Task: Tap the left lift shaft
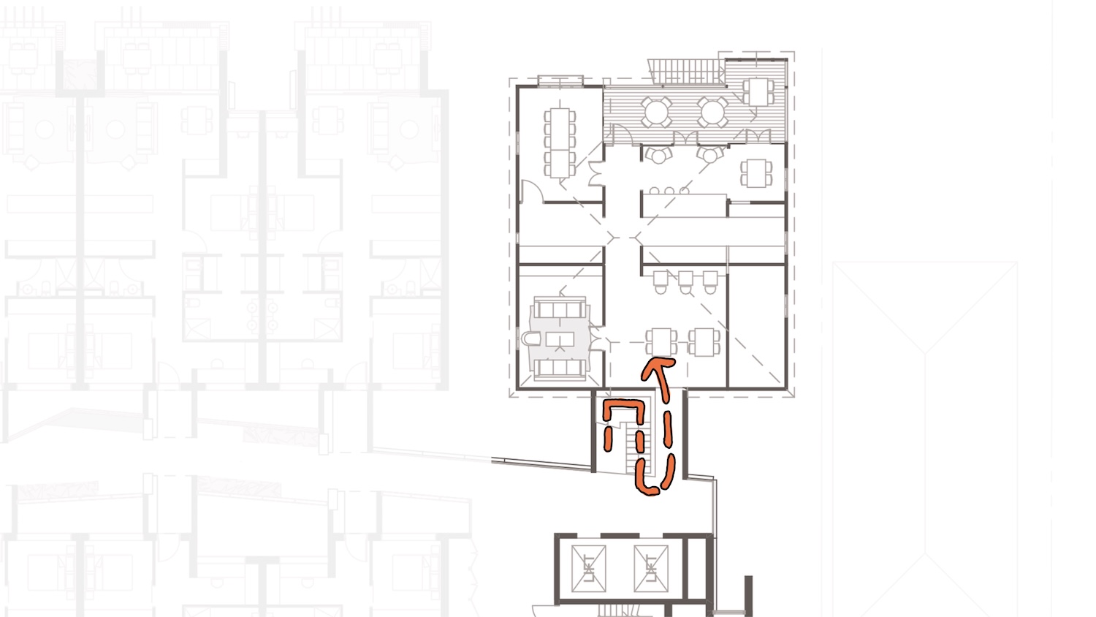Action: coord(588,569)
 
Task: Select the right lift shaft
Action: coord(651,569)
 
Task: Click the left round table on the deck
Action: coord(656,112)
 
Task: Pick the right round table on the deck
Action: coord(712,112)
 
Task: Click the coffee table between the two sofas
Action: coord(560,338)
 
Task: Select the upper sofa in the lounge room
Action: coord(560,308)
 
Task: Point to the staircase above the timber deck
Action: coord(686,72)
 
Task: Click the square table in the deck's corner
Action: coord(758,92)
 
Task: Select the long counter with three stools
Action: coord(684,205)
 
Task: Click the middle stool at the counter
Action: coord(669,191)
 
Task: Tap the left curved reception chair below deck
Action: coord(658,155)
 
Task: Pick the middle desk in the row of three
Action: coord(685,281)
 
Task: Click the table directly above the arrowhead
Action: coord(661,342)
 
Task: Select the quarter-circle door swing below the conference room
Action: coord(533,192)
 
